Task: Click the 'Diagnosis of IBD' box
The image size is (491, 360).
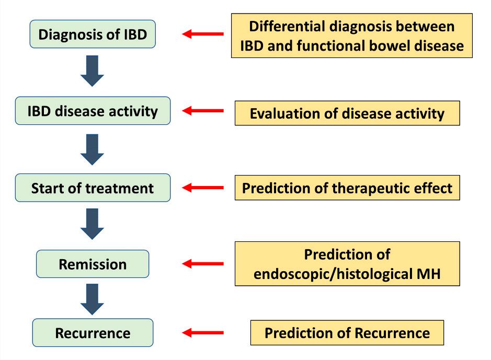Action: (x=93, y=34)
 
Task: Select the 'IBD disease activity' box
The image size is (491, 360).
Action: (x=93, y=111)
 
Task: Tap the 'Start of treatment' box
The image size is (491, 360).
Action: (x=93, y=188)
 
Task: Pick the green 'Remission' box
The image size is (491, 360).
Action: (x=93, y=264)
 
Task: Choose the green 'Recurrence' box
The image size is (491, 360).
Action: (x=93, y=333)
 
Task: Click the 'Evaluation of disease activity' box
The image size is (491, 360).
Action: (x=347, y=113)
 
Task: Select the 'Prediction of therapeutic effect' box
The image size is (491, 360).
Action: (x=347, y=188)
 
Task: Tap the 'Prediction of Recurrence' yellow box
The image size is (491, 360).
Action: (x=347, y=333)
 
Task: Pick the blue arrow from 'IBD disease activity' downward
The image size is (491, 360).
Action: (x=93, y=149)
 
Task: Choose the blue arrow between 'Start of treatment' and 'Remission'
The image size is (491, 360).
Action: (x=93, y=224)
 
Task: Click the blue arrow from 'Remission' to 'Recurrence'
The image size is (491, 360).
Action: (x=93, y=297)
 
